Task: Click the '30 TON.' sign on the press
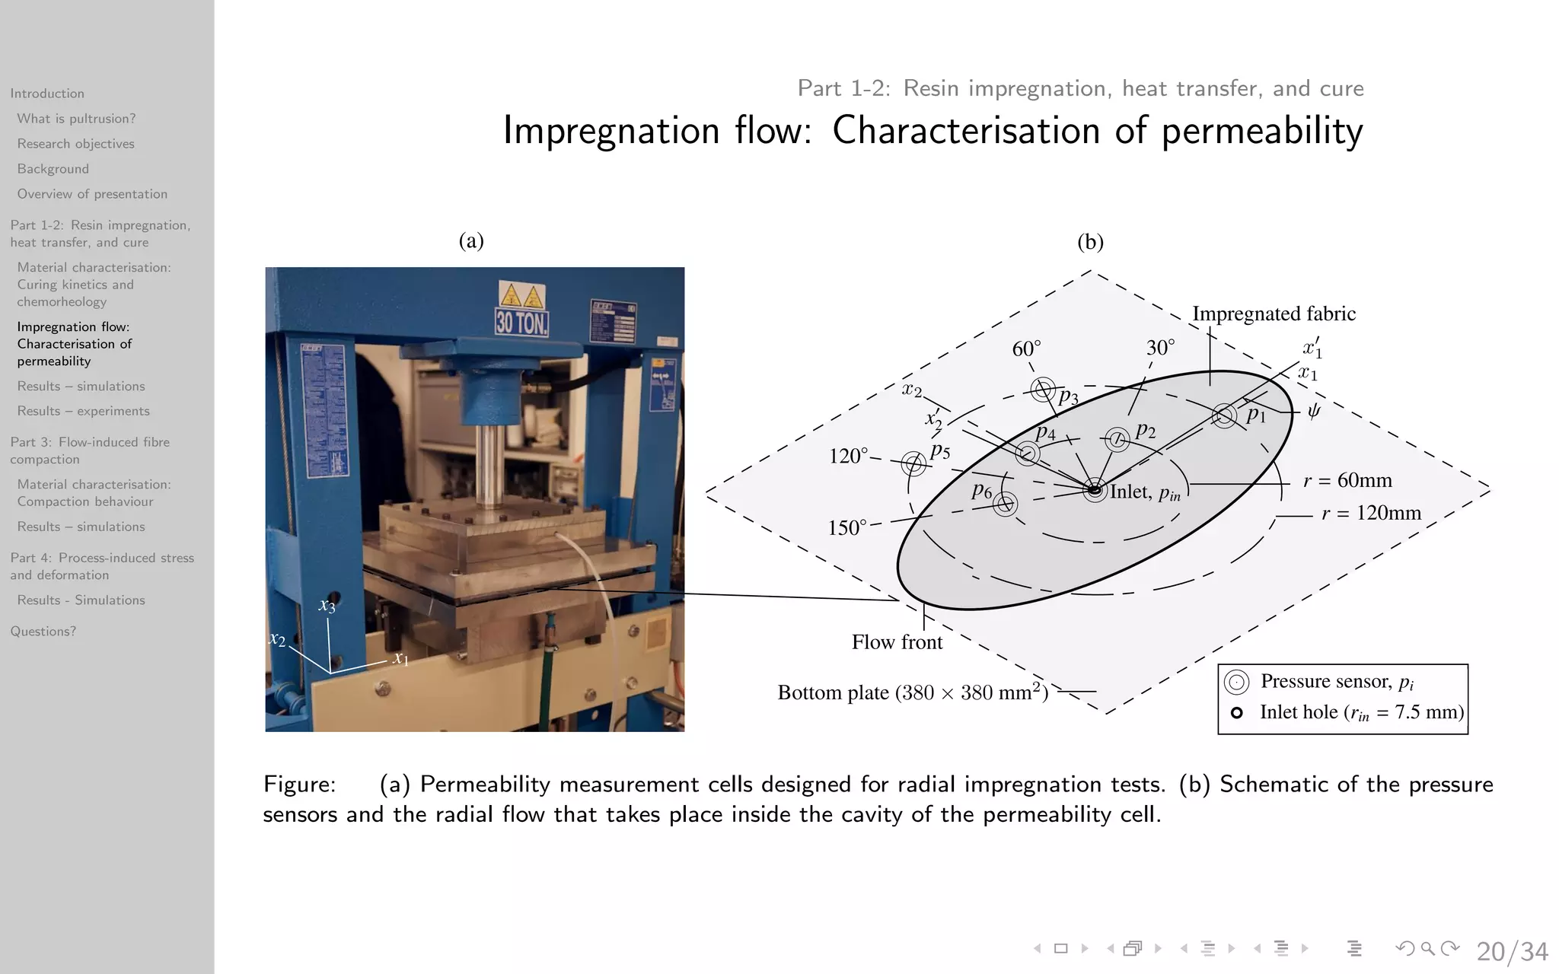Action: point(521,323)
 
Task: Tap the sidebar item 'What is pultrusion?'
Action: point(76,119)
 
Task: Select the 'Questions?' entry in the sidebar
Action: point(43,632)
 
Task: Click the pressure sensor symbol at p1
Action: point(1225,415)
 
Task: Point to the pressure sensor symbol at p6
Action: point(1006,504)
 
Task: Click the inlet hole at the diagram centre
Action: point(1095,490)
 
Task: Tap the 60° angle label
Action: point(1026,349)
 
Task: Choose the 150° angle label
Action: point(847,528)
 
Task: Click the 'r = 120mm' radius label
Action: point(1371,514)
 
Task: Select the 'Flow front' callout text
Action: point(897,643)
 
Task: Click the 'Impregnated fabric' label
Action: point(1274,314)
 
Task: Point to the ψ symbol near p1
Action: point(1314,412)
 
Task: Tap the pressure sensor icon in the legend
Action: point(1237,682)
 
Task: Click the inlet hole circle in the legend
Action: point(1237,713)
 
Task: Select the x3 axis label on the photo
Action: point(327,606)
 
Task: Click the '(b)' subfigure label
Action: point(1090,242)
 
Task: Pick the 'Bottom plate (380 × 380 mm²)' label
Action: point(913,692)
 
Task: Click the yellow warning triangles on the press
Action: point(521,296)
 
